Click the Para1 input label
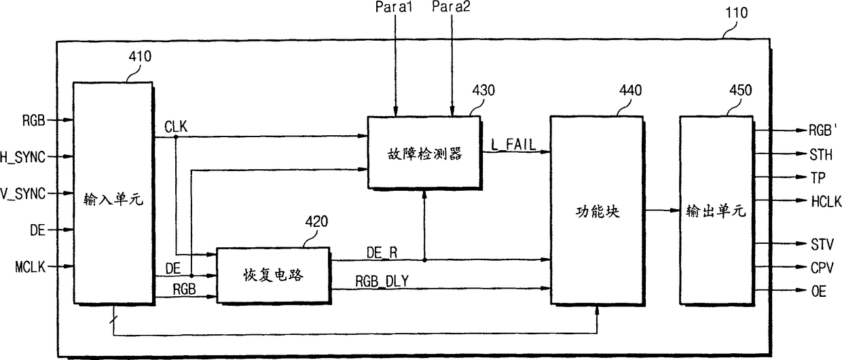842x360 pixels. [394, 7]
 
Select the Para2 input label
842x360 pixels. [451, 7]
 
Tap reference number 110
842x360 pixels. [736, 13]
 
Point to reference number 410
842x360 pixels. [140, 56]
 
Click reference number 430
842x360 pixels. [483, 90]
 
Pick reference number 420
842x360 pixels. [316, 221]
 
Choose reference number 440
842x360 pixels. [630, 90]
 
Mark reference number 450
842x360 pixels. [741, 90]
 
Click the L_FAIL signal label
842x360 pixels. [513, 145]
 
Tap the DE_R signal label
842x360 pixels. [382, 253]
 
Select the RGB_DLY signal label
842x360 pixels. [382, 281]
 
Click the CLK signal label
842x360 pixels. [176, 127]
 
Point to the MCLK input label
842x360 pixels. [30, 267]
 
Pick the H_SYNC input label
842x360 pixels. [22, 157]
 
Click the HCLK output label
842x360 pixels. [826, 202]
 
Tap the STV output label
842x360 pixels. [822, 245]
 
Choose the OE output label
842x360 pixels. [819, 291]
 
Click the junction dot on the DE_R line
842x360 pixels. [424, 260]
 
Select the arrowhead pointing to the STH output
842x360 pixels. [801, 154]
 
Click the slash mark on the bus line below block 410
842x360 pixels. [113, 320]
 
